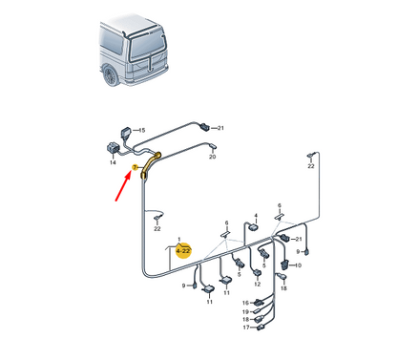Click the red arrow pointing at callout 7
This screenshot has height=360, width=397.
[x=123, y=186]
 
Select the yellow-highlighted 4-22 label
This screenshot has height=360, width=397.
[x=183, y=251]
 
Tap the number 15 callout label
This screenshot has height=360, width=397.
[x=142, y=130]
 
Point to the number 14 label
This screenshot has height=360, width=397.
[x=113, y=162]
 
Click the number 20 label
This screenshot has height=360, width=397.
[x=212, y=157]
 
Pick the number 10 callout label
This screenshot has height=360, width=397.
[x=298, y=265]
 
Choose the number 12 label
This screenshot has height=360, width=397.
[x=257, y=284]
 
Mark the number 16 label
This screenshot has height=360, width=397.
[x=245, y=303]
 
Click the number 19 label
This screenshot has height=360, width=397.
[x=245, y=312]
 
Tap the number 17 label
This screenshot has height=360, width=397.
[x=246, y=328]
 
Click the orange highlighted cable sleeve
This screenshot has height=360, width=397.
[x=149, y=165]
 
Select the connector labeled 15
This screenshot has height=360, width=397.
[x=126, y=133]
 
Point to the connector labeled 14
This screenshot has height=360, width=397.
[x=112, y=148]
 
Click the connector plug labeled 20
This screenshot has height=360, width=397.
[x=213, y=146]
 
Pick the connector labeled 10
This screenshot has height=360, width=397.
[x=285, y=265]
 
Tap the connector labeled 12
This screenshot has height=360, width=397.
[x=257, y=273]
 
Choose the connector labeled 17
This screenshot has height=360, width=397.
[x=261, y=327]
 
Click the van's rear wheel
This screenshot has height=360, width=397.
[x=111, y=76]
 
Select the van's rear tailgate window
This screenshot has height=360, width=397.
[x=147, y=45]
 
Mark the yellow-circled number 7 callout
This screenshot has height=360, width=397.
[x=135, y=167]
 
